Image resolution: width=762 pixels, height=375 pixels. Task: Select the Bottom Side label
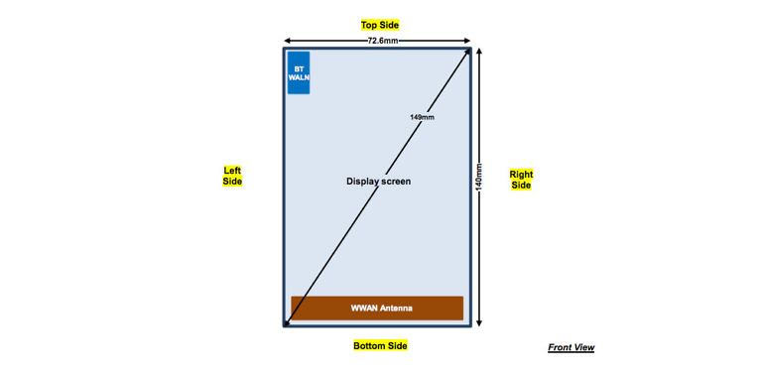click(380, 346)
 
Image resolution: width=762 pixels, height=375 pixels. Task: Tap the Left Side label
click(232, 176)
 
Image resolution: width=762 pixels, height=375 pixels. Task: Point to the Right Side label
click(521, 180)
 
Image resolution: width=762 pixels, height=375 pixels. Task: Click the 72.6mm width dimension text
click(382, 41)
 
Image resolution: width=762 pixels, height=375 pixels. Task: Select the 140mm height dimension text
click(478, 177)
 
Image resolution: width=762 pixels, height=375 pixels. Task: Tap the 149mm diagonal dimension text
click(422, 117)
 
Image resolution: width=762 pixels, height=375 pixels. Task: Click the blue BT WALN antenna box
click(299, 72)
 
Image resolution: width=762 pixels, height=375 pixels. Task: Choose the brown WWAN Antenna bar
click(377, 309)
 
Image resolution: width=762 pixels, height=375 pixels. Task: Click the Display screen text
click(378, 182)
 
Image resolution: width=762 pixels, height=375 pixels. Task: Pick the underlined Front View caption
click(571, 348)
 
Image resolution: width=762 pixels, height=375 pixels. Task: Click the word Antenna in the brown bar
click(395, 309)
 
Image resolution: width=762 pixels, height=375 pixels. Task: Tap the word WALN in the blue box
click(299, 77)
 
